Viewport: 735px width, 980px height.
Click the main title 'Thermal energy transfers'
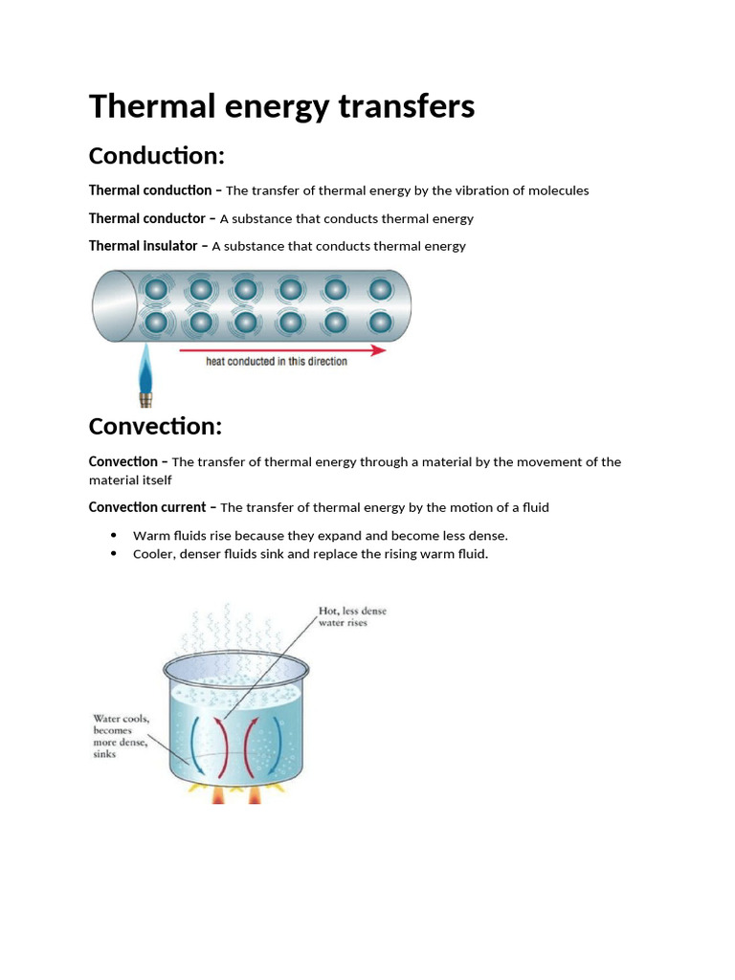281,107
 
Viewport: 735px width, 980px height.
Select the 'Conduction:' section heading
156,155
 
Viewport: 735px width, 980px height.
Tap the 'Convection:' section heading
155,425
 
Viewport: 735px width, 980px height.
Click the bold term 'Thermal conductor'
146,218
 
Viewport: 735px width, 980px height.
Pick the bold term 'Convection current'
148,507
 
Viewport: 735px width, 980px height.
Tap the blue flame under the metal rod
145,367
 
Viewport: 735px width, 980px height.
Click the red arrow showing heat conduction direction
282,350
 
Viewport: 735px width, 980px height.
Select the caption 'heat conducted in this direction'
277,362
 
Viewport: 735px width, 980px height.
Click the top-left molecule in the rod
154,289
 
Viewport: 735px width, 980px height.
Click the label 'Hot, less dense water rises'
352,616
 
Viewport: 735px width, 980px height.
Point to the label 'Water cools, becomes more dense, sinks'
120,735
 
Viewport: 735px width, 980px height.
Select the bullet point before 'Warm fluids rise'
114,535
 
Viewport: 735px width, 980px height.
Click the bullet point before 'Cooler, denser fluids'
114,553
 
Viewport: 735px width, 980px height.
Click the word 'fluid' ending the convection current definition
530,507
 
